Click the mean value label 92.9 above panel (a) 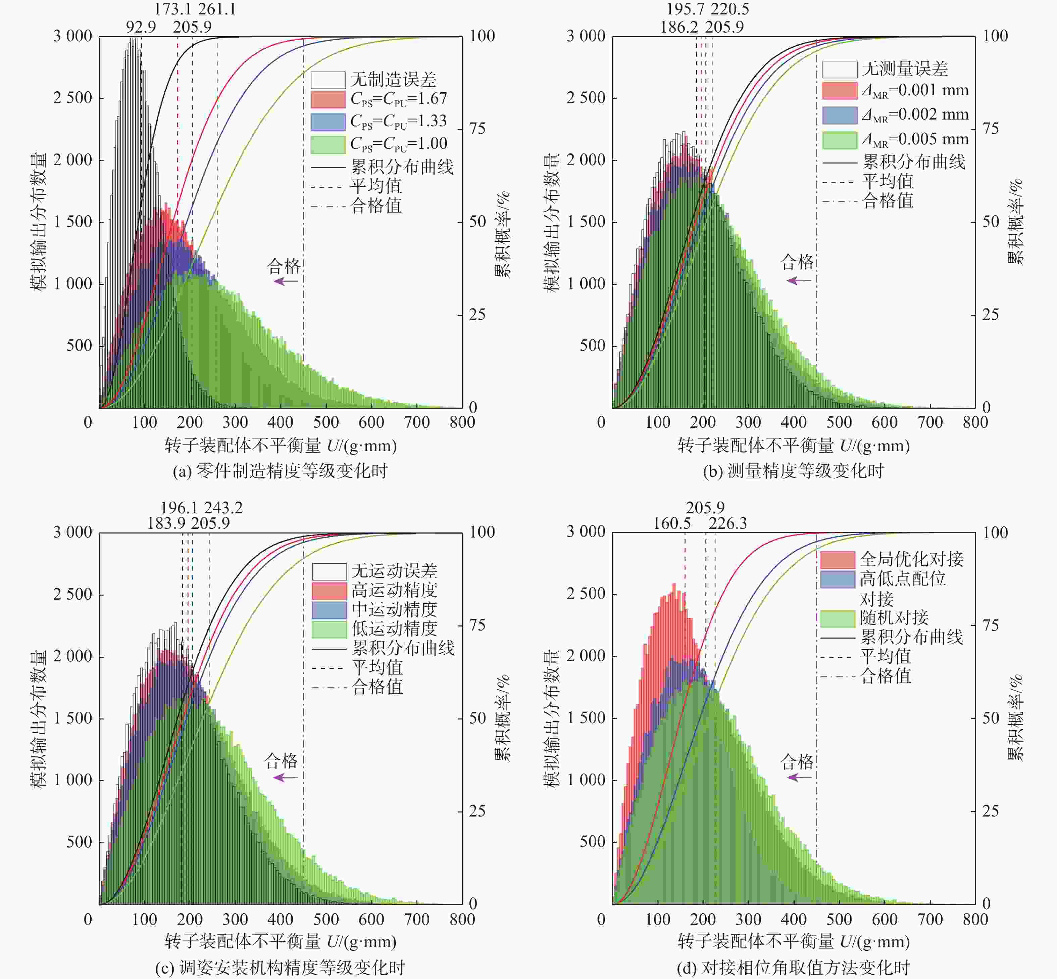pyautogui.click(x=141, y=27)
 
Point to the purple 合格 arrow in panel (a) pyautogui.click(x=286, y=281)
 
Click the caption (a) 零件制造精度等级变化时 pyautogui.click(x=280, y=470)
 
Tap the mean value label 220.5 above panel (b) pyautogui.click(x=730, y=9)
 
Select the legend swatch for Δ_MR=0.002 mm pyautogui.click(x=840, y=115)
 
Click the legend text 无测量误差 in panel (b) pyautogui.click(x=904, y=69)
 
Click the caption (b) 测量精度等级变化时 pyautogui.click(x=793, y=470)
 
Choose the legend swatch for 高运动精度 pyautogui.click(x=330, y=591)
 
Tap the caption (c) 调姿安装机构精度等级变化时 pyautogui.click(x=280, y=967)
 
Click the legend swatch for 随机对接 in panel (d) pyautogui.click(x=838, y=618)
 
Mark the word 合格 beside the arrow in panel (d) pyautogui.click(x=797, y=762)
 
